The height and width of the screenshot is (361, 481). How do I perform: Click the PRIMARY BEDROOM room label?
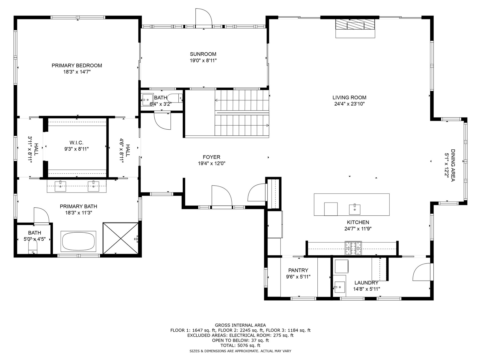[x=77, y=65]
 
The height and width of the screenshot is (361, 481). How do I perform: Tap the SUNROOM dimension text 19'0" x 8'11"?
[x=203, y=60]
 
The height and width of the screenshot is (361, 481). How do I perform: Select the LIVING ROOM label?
[x=349, y=98]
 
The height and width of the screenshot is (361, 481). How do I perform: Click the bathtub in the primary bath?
[x=78, y=241]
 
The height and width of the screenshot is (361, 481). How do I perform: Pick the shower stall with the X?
[x=121, y=238]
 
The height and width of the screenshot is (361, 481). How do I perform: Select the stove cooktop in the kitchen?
[x=353, y=248]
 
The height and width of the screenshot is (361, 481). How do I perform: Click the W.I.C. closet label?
[x=76, y=143]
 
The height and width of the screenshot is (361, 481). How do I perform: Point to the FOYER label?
[x=212, y=157]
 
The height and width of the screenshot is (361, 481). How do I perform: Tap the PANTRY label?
[x=298, y=270]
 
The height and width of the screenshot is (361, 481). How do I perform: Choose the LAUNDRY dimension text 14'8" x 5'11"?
[x=367, y=289]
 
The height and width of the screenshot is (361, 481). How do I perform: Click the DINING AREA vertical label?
[x=453, y=165]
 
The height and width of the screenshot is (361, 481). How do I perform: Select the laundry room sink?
[x=340, y=287]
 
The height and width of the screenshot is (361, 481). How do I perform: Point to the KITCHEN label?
[x=358, y=222]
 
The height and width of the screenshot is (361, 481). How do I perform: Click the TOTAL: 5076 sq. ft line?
[x=240, y=345]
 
